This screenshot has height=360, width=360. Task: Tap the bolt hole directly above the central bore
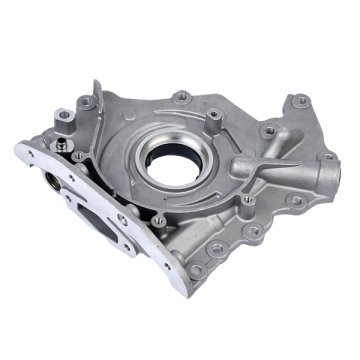pos(182,96)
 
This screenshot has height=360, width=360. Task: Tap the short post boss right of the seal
pos(243,160)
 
